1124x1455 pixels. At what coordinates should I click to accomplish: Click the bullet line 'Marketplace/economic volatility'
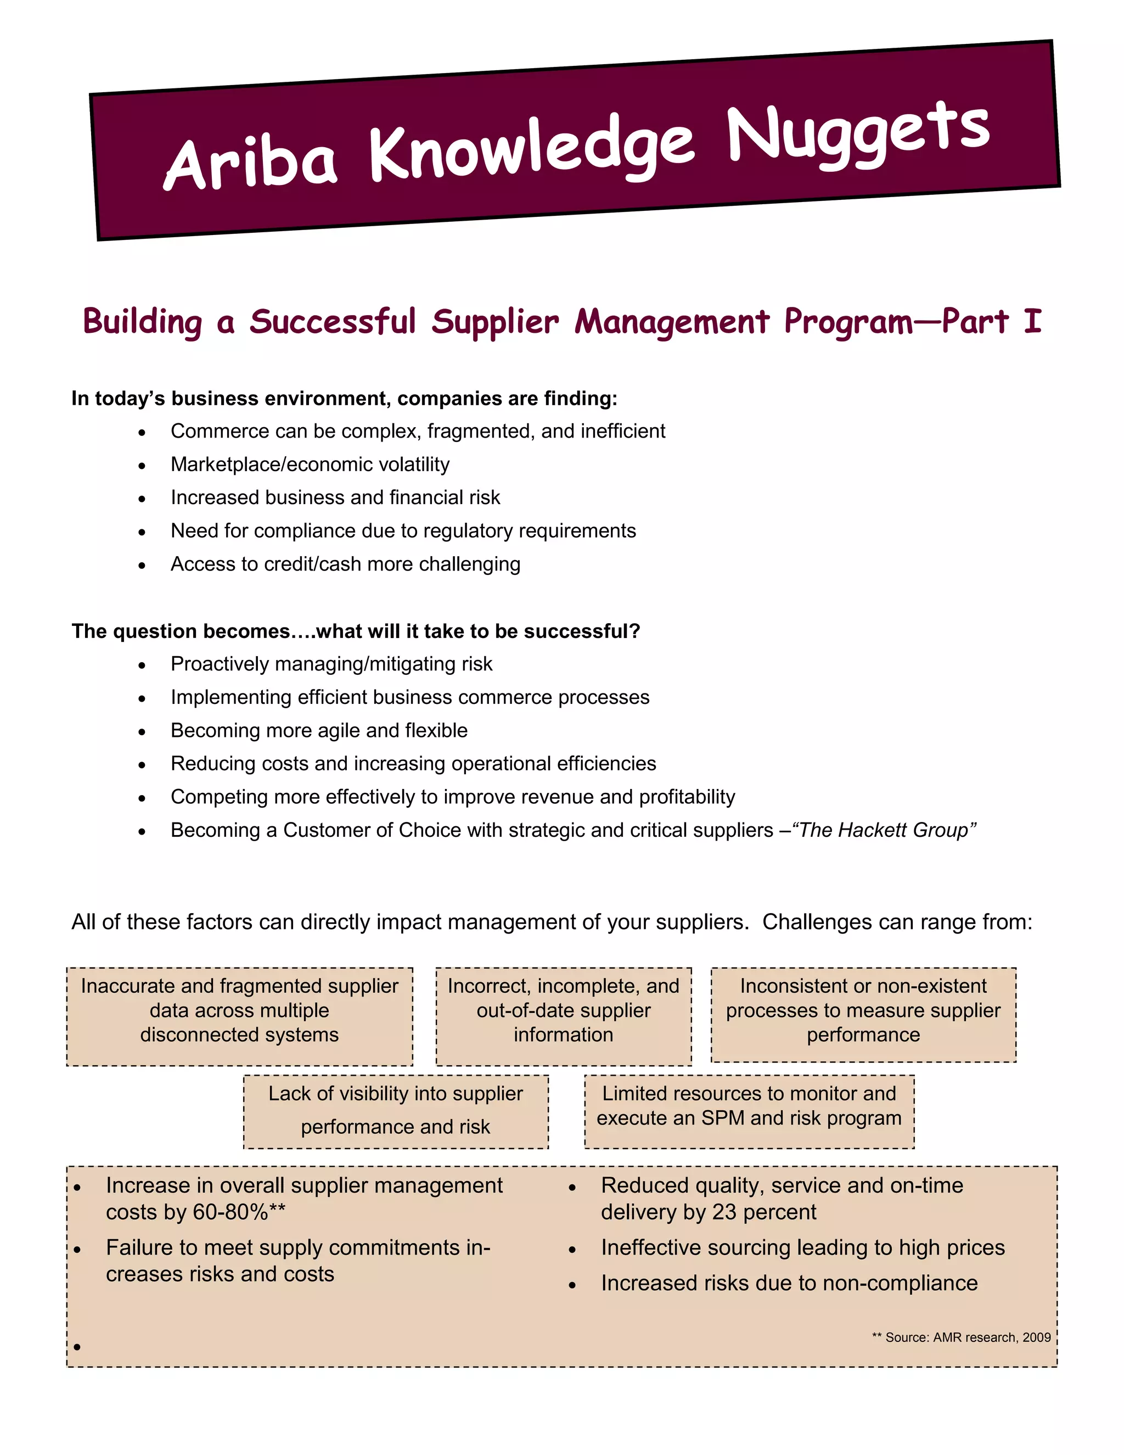310,465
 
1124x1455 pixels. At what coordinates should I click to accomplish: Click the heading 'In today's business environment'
344,399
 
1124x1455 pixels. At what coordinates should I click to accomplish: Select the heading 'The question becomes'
355,631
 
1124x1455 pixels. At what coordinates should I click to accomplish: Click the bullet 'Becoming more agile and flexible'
319,730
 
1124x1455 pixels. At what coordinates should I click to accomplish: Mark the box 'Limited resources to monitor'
749,1106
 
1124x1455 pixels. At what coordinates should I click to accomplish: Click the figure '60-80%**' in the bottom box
238,1212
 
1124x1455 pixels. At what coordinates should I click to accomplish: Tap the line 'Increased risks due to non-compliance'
789,1283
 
